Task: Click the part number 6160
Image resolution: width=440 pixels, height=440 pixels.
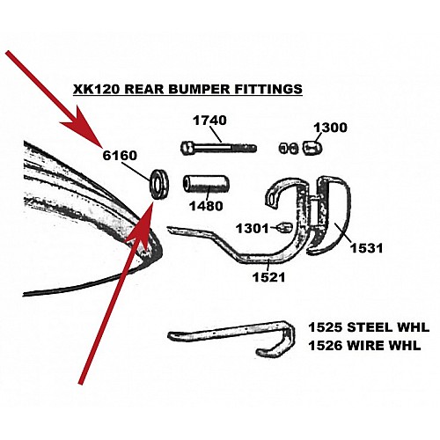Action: pyautogui.click(x=120, y=155)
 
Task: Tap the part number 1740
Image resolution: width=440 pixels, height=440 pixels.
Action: pyautogui.click(x=209, y=121)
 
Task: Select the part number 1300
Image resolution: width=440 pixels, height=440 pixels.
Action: pyautogui.click(x=330, y=128)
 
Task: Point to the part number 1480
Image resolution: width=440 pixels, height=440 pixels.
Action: pyautogui.click(x=206, y=206)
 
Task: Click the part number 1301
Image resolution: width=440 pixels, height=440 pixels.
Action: pyautogui.click(x=253, y=229)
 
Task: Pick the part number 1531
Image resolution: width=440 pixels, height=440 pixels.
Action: pyautogui.click(x=367, y=248)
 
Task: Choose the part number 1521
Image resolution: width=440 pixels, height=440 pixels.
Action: pyautogui.click(x=269, y=277)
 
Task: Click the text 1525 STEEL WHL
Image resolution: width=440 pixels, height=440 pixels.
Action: pyautogui.click(x=369, y=327)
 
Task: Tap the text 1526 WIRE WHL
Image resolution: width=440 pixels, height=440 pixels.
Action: pyautogui.click(x=364, y=346)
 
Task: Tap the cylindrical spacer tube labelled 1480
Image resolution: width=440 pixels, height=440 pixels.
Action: pyautogui.click(x=206, y=184)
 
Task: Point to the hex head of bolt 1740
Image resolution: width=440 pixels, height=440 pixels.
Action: pyautogui.click(x=186, y=148)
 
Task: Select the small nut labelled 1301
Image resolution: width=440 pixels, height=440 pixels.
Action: pyautogui.click(x=285, y=227)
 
